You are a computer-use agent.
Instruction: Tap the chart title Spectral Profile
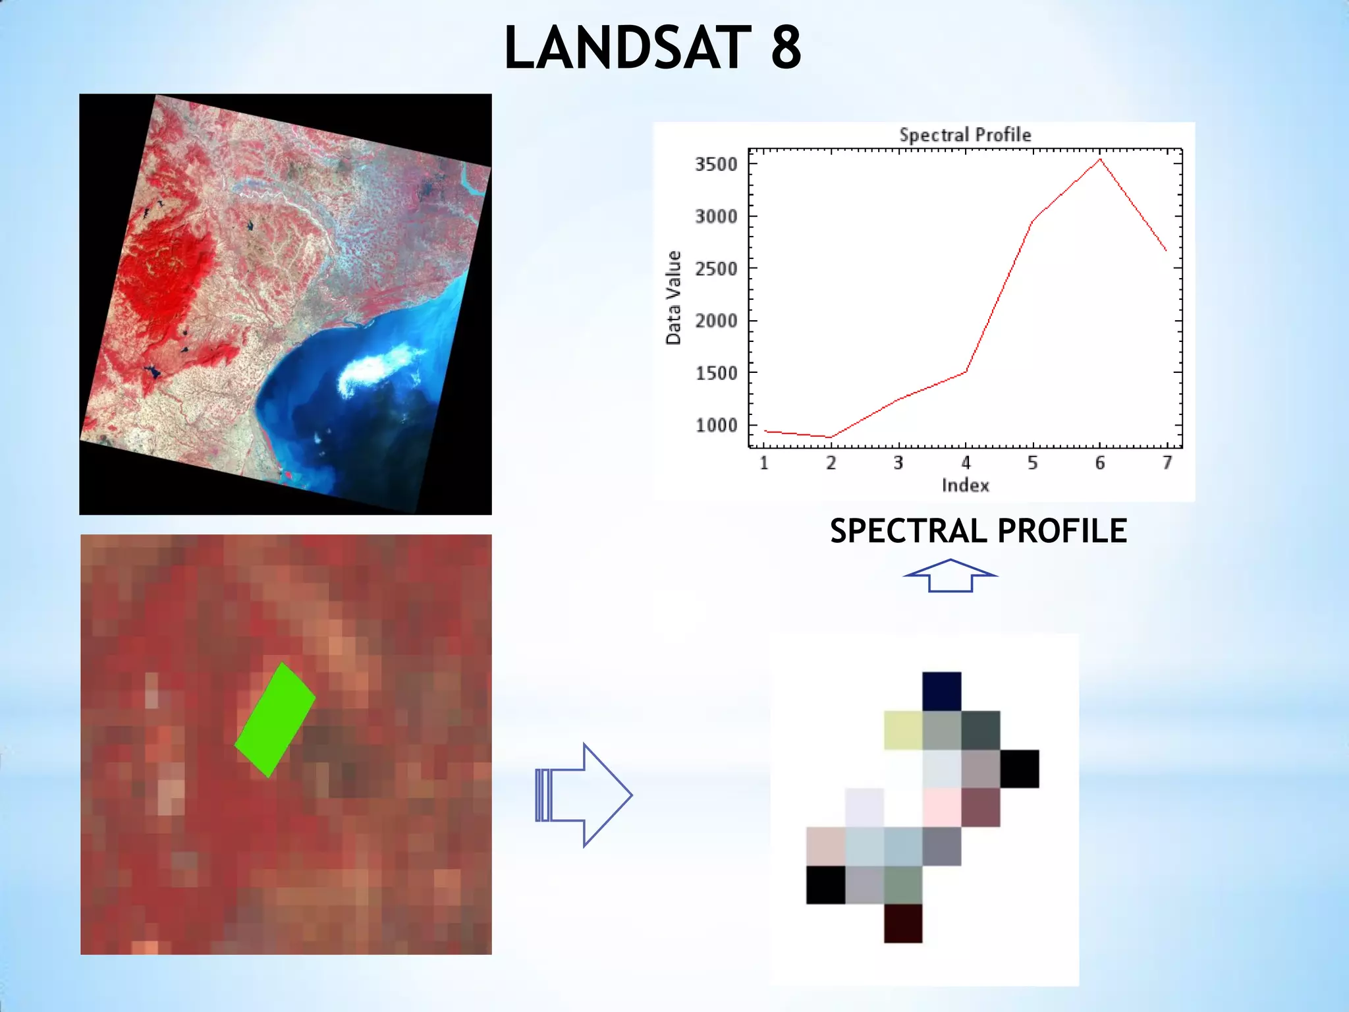(965, 135)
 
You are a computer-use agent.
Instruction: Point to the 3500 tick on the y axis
(716, 164)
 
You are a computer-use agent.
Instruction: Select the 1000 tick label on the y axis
(716, 426)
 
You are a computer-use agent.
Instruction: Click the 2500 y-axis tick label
(716, 269)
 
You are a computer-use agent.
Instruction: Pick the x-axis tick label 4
(966, 463)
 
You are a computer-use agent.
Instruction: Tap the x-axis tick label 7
(1167, 463)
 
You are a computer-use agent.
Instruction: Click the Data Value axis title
(673, 298)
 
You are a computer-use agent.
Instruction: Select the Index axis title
(965, 486)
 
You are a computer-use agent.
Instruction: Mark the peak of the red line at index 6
(1100, 159)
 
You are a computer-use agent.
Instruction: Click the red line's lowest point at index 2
(831, 437)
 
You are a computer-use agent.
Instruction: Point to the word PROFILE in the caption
(1062, 531)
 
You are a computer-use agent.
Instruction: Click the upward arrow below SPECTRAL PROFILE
(950, 575)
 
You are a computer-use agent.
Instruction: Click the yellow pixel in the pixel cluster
(903, 730)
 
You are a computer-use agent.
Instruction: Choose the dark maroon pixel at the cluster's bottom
(903, 923)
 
